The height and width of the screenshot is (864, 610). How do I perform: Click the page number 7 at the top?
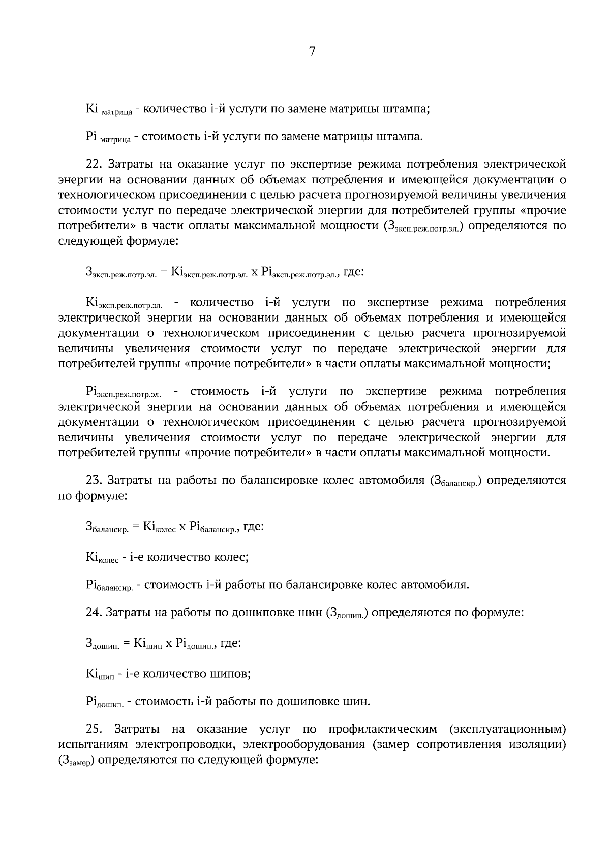pyautogui.click(x=312, y=51)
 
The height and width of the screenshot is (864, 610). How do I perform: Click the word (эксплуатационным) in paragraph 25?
pyautogui.click(x=508, y=729)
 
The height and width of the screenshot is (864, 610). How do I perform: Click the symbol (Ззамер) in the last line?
pyautogui.click(x=76, y=761)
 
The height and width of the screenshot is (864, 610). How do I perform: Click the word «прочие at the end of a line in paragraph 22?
pyautogui.click(x=546, y=210)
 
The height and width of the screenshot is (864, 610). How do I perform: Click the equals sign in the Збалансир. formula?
pyautogui.click(x=136, y=527)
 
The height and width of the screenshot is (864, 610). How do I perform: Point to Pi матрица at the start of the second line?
pyautogui.click(x=108, y=137)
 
